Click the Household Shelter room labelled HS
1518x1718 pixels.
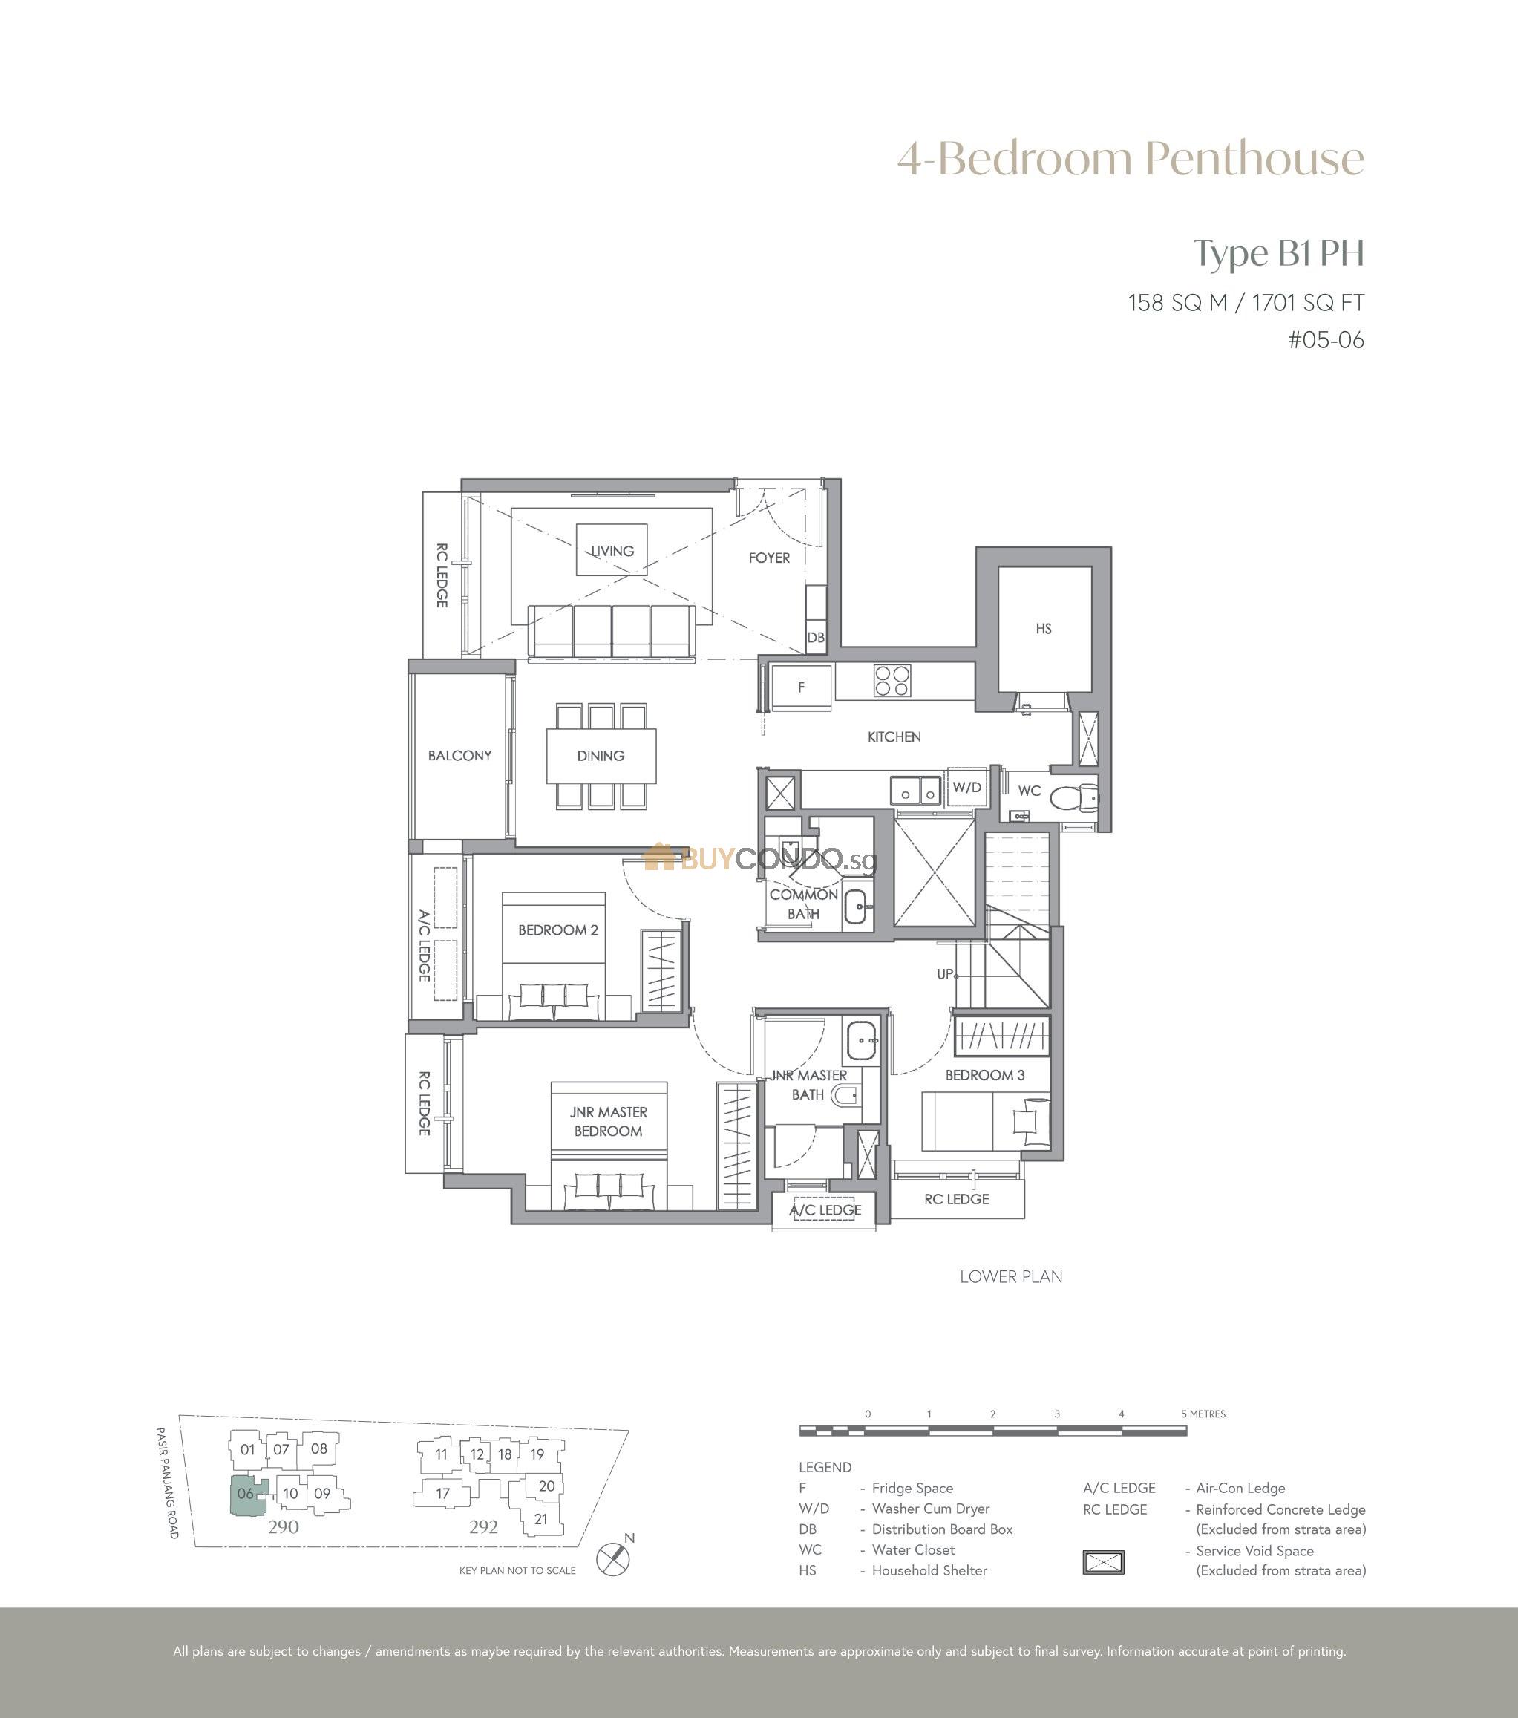pos(1044,629)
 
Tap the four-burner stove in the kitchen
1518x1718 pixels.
pos(893,681)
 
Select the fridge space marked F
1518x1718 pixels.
pos(801,687)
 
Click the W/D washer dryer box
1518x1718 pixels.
pos(966,788)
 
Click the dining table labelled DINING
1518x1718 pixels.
pos(601,756)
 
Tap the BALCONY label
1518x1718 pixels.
pos(459,756)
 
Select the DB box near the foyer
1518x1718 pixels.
pos(815,637)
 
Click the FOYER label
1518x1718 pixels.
pos(769,558)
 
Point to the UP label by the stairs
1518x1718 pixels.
pos(946,973)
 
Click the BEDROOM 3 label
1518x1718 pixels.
pos(985,1075)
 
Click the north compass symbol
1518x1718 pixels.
pos(612,1560)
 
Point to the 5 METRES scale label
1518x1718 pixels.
pos(1204,1414)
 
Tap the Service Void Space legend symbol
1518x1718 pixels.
pos(1103,1563)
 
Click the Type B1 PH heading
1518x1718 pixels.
pos(1279,254)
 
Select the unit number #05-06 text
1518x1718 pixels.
pos(1326,340)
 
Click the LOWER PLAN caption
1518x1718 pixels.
pos(1011,1277)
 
